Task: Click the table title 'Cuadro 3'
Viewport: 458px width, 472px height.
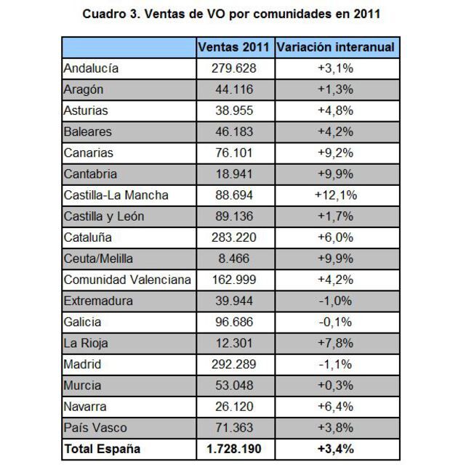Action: pyautogui.click(x=231, y=14)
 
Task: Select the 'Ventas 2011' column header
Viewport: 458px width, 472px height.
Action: pyautogui.click(x=235, y=48)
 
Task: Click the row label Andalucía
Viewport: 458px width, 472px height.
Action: pyautogui.click(x=91, y=69)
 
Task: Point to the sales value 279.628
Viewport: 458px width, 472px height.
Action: pyautogui.click(x=235, y=69)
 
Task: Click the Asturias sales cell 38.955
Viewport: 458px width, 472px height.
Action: pyautogui.click(x=235, y=111)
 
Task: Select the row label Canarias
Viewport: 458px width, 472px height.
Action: pyautogui.click(x=89, y=153)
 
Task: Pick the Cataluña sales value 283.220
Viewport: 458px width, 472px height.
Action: pyautogui.click(x=235, y=237)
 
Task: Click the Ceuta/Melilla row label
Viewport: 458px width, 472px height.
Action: pyautogui.click(x=98, y=259)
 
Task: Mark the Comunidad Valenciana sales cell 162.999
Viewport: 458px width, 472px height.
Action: pyautogui.click(x=235, y=280)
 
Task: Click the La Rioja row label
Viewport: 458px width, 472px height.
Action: pyautogui.click(x=86, y=343)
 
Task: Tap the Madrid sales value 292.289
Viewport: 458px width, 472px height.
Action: pyautogui.click(x=235, y=365)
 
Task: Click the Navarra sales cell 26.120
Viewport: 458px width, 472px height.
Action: pyautogui.click(x=235, y=407)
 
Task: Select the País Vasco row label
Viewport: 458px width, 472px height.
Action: pyautogui.click(x=95, y=428)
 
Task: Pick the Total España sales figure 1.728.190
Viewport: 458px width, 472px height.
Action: pyautogui.click(x=235, y=449)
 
